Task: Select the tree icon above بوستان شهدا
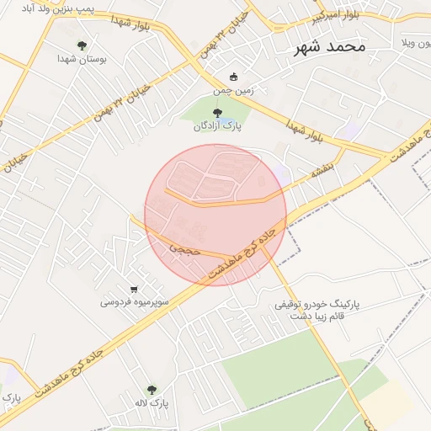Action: tap(82, 45)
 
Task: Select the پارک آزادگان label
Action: tap(219, 126)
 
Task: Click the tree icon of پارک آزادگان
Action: tap(218, 112)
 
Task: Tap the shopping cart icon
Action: tap(134, 288)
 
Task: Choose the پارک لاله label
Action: tap(152, 403)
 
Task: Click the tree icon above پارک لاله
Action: tap(152, 389)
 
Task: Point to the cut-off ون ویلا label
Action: tap(415, 42)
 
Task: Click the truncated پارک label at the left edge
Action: tap(9, 396)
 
